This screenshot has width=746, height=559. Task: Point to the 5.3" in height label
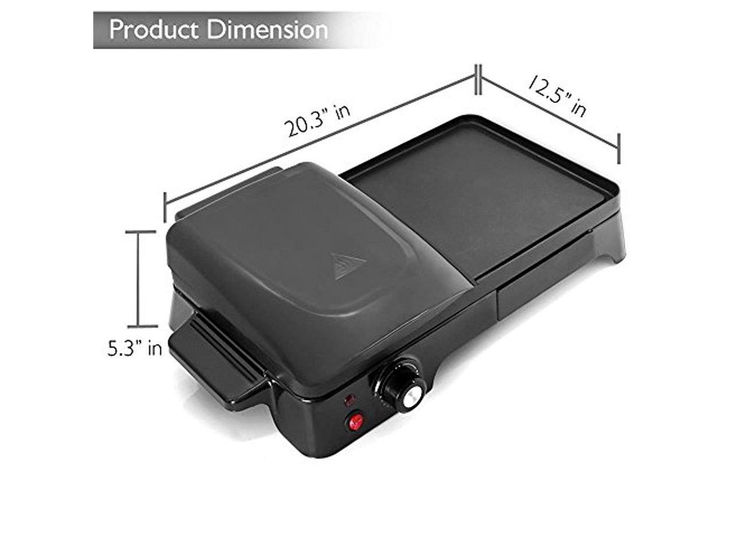point(134,349)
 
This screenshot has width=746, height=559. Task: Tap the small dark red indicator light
point(350,401)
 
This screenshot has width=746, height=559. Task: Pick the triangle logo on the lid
point(348,266)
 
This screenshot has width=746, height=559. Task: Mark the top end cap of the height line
point(139,232)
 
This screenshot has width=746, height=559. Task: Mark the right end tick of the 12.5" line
point(618,148)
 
